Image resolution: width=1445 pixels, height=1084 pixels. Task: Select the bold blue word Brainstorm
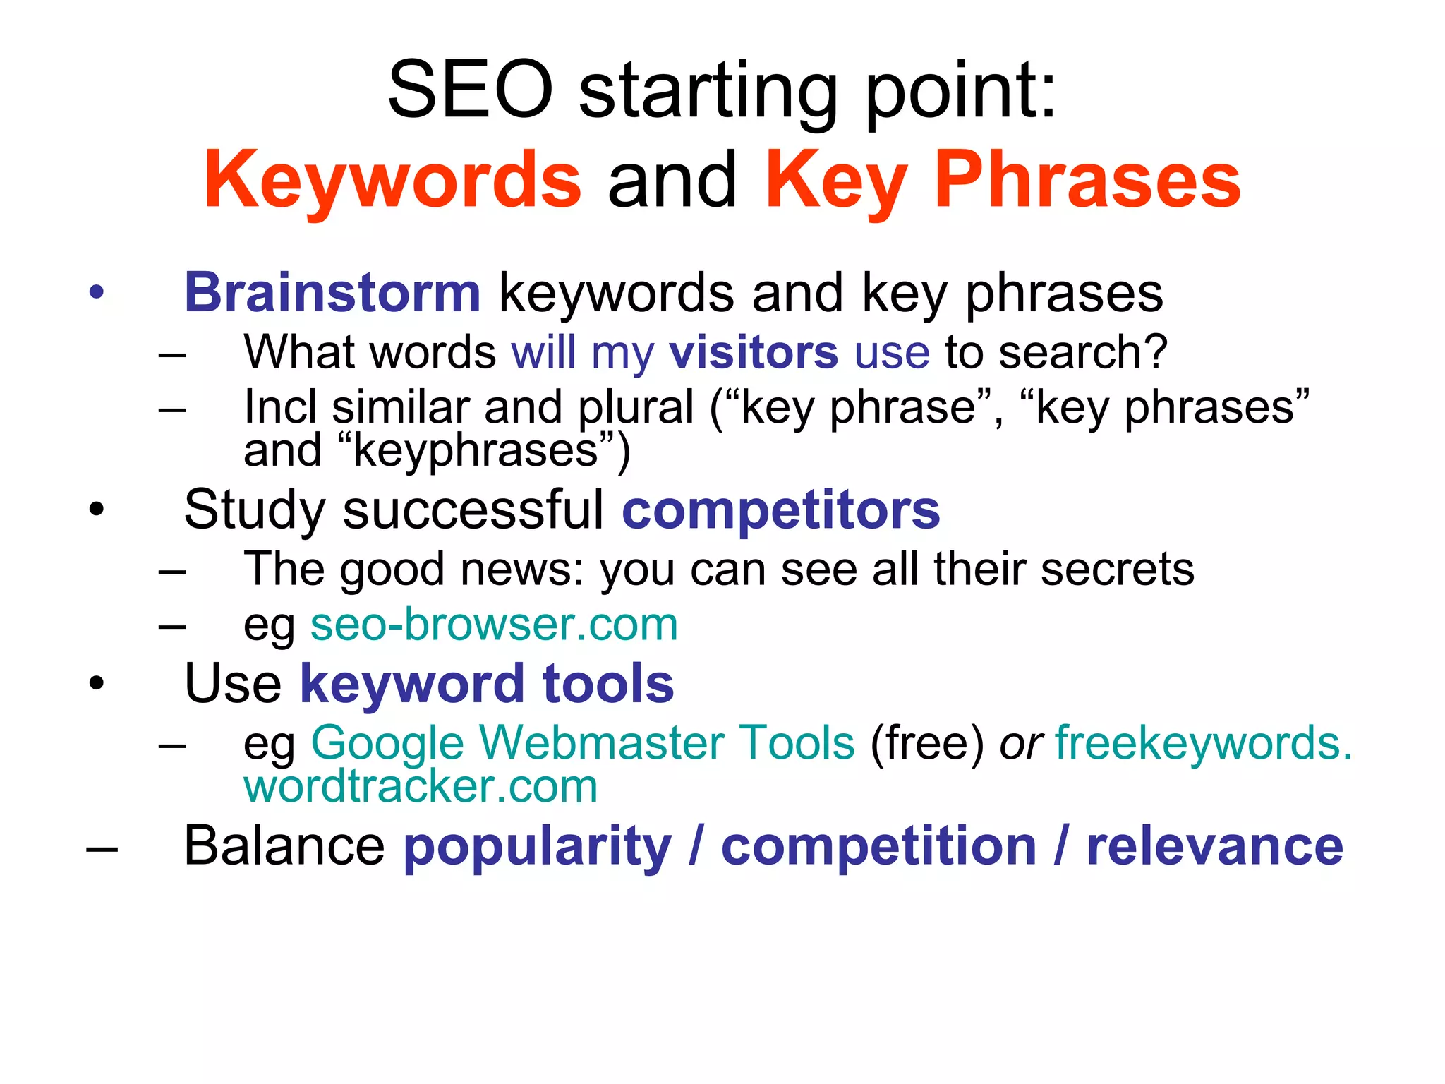332,293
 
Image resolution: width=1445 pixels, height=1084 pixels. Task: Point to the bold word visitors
754,352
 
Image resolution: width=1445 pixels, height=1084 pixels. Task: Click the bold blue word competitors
780,510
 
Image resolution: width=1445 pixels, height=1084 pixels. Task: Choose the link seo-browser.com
494,625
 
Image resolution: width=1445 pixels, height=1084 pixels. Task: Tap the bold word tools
607,684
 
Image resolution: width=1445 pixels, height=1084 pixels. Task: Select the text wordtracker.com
421,786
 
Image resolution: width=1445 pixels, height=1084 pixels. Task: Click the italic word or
1020,744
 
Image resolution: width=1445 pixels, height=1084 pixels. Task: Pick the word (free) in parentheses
926,744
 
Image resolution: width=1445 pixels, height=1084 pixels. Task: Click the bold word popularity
537,847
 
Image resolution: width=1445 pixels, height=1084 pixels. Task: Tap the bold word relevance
1214,847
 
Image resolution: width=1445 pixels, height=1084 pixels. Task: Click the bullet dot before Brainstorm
97,292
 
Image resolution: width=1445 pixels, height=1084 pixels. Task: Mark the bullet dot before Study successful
97,509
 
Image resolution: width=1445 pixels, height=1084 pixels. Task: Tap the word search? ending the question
1082,352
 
